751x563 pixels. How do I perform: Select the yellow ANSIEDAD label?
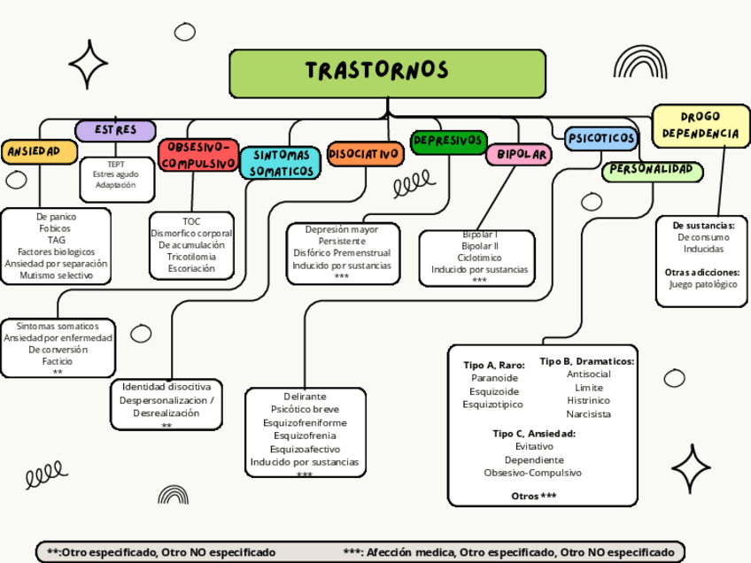click(x=33, y=152)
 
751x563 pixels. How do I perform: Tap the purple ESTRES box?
click(x=115, y=130)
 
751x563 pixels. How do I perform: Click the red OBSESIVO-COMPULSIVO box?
click(x=198, y=155)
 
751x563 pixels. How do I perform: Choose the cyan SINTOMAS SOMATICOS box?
click(x=281, y=162)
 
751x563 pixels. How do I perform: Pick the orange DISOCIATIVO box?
click(x=364, y=154)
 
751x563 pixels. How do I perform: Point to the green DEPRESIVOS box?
click(x=449, y=141)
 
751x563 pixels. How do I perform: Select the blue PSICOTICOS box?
click(x=601, y=138)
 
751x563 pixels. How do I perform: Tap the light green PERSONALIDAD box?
click(x=653, y=170)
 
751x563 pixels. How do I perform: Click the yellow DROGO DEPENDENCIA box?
click(x=700, y=125)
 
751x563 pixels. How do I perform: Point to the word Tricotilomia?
click(x=191, y=257)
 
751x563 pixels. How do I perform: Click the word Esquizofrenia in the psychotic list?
click(x=304, y=436)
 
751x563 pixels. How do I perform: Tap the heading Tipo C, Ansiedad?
click(x=534, y=434)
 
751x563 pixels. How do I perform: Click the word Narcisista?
click(x=588, y=413)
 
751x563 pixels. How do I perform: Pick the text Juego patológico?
click(x=703, y=284)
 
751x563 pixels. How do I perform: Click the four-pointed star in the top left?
click(x=88, y=65)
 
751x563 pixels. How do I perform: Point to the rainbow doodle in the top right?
click(x=639, y=63)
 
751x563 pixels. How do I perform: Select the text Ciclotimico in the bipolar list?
click(x=479, y=258)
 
